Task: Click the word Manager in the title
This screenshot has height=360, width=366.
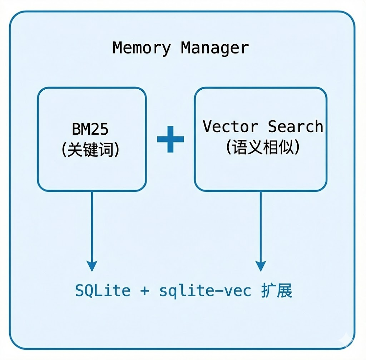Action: [x=215, y=48]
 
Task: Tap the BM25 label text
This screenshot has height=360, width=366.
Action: [x=90, y=129]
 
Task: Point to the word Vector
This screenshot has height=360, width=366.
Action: [x=231, y=127]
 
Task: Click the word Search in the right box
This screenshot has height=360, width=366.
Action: [x=296, y=127]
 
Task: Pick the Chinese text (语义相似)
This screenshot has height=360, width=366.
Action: [x=263, y=147]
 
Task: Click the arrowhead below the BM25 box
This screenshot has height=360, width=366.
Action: [x=92, y=266]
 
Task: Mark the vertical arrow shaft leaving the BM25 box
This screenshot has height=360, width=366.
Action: [x=92, y=225]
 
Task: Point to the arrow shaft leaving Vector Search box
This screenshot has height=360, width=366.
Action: [x=261, y=225]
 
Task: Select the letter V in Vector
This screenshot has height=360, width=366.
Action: [x=208, y=127]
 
